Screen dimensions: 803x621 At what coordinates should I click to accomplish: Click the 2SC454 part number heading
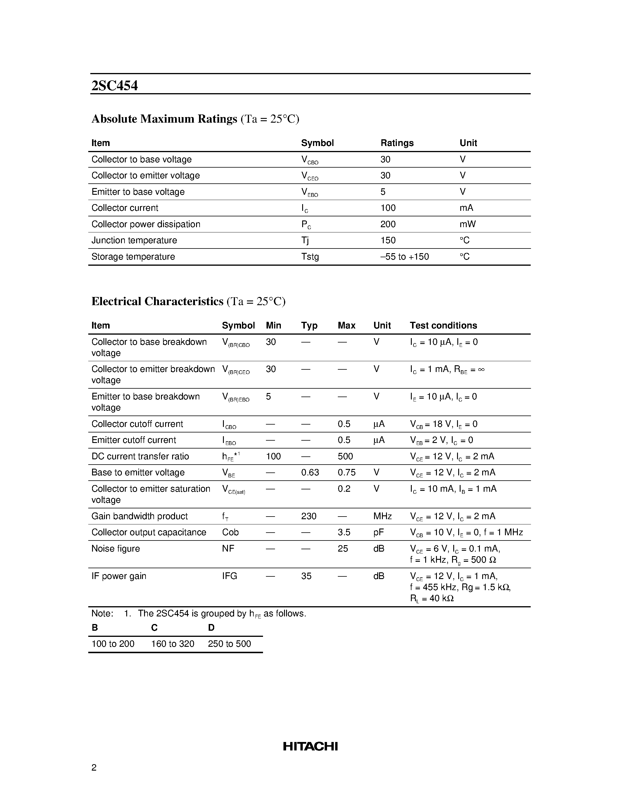pyautogui.click(x=115, y=86)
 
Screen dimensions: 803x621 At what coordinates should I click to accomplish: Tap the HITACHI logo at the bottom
pyautogui.click(x=310, y=746)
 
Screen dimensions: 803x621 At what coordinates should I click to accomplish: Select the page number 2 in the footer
pyautogui.click(x=94, y=767)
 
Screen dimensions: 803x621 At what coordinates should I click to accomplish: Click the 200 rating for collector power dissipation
pyautogui.click(x=388, y=224)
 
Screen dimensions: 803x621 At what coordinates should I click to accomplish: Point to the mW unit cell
pyautogui.click(x=467, y=224)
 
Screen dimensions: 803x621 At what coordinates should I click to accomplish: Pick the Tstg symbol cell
pyautogui.click(x=310, y=257)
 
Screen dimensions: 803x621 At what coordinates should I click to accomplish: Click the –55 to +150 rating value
pyautogui.click(x=404, y=257)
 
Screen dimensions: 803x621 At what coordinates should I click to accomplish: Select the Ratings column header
pyautogui.click(x=397, y=143)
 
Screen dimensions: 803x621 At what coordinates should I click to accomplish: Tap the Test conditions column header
pyautogui.click(x=443, y=325)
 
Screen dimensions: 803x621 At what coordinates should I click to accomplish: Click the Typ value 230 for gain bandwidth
pyautogui.click(x=308, y=516)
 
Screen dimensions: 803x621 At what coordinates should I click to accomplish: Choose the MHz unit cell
pyautogui.click(x=382, y=516)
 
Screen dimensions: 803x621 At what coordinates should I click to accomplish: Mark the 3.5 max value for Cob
pyautogui.click(x=344, y=532)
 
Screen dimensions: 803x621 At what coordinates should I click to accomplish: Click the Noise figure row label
pyautogui.click(x=115, y=549)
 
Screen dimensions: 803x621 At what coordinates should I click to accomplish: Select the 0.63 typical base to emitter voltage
pyautogui.click(x=310, y=472)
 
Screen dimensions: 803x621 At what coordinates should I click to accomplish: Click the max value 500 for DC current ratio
pyautogui.click(x=345, y=456)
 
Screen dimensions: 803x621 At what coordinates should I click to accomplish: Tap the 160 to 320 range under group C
pyautogui.click(x=172, y=644)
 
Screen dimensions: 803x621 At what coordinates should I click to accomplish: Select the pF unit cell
pyautogui.click(x=378, y=532)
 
